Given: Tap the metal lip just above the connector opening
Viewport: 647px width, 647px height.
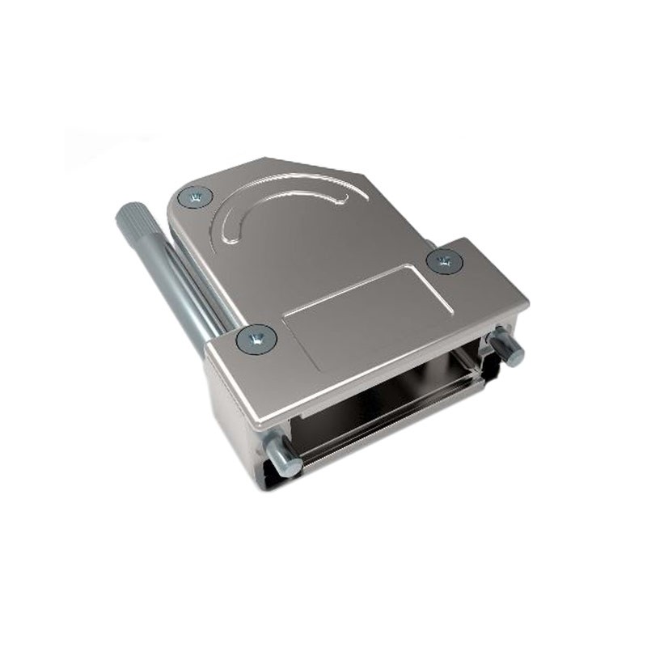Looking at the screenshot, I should coord(380,380).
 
